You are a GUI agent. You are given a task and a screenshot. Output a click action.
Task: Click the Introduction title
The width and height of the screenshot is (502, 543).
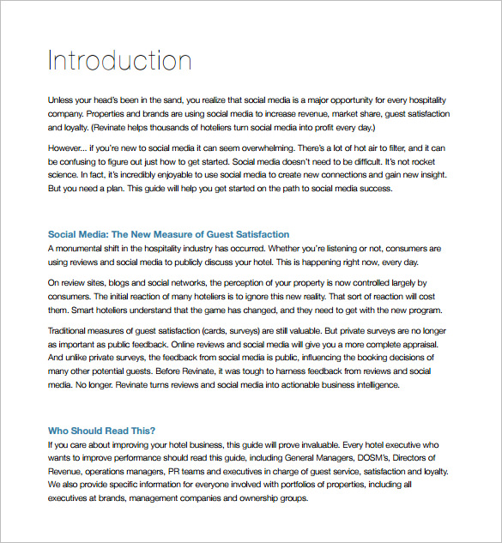coord(119,60)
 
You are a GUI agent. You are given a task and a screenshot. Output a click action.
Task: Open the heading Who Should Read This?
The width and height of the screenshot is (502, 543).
coord(107,431)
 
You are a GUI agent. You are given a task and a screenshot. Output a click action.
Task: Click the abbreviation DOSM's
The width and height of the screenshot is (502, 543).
coord(372,458)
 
